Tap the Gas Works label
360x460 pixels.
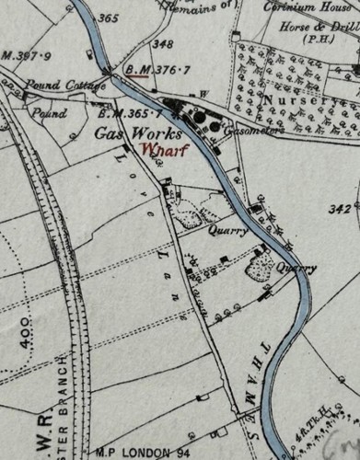click(x=135, y=133)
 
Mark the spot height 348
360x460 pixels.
click(x=162, y=43)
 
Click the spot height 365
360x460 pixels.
click(x=108, y=18)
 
